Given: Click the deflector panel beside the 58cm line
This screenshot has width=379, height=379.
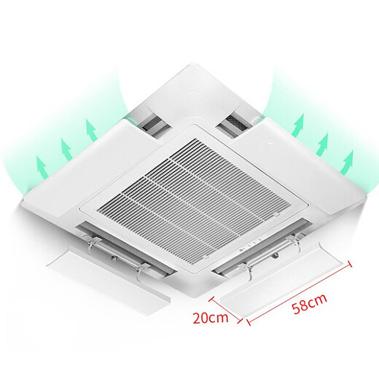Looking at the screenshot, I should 284,281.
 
